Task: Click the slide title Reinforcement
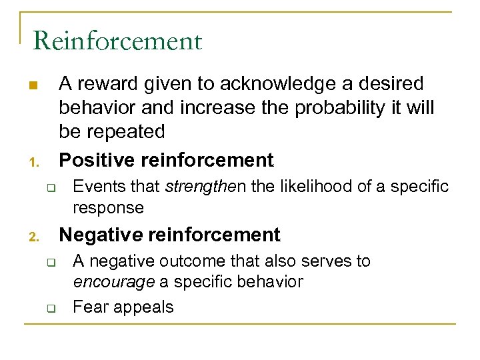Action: (117, 41)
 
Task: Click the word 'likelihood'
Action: (316, 187)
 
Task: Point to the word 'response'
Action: (108, 207)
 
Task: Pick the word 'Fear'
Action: (87, 307)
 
